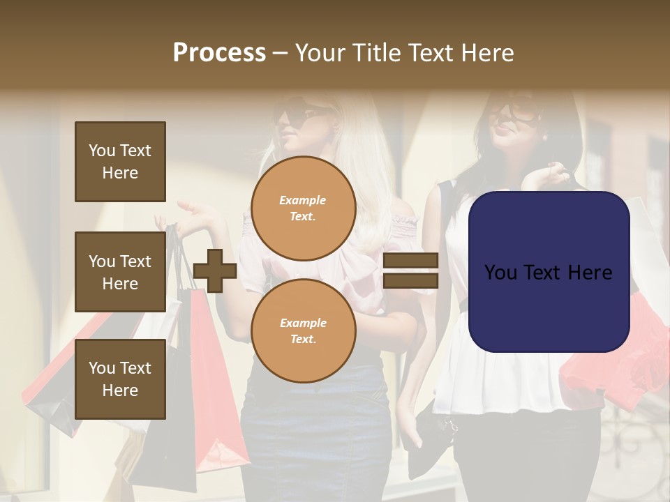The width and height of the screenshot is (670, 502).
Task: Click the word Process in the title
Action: [x=219, y=52]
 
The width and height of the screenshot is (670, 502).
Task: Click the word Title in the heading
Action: [x=374, y=52]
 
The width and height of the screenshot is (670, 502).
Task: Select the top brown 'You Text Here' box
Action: [x=120, y=162]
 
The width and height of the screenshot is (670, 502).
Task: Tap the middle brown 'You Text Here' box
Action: [x=120, y=272]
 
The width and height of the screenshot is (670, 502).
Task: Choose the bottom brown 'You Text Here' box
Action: [x=120, y=379]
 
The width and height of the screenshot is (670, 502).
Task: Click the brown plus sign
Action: [x=215, y=271]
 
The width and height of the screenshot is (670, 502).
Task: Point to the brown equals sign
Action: [x=410, y=271]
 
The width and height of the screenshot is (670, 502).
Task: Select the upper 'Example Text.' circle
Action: [x=303, y=208]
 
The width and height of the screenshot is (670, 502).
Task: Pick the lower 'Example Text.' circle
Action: [x=303, y=330]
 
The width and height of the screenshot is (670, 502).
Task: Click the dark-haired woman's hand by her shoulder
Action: [x=551, y=174]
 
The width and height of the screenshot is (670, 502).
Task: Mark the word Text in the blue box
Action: [x=548, y=273]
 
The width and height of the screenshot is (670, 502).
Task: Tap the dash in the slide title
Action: [x=280, y=53]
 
